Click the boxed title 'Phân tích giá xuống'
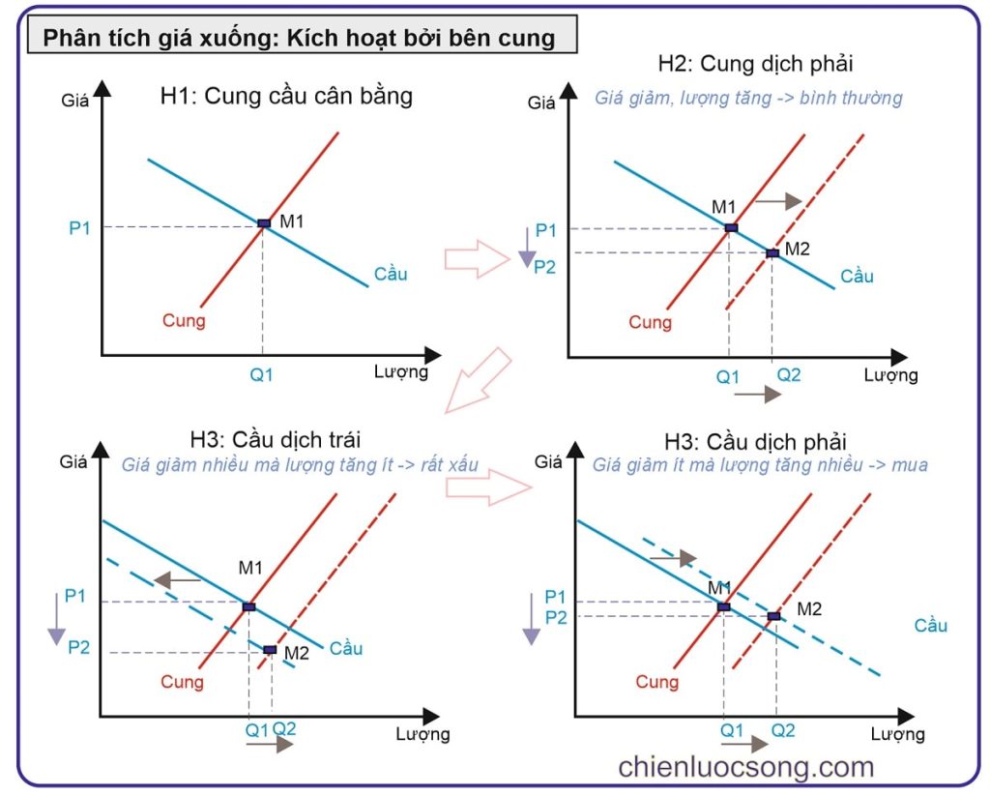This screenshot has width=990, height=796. point(299,38)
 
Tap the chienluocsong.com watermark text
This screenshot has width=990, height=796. point(745,767)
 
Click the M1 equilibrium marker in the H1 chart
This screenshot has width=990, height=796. point(264,223)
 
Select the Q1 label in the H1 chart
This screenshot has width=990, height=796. point(262,375)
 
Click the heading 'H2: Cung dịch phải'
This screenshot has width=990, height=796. point(755,66)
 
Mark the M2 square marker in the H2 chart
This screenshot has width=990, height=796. point(772,253)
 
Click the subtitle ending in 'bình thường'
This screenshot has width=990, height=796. point(748,98)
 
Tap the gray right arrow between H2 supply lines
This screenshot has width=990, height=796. point(778,201)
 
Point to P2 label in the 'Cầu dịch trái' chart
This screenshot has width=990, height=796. point(79,647)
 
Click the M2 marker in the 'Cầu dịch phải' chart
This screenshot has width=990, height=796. point(773,616)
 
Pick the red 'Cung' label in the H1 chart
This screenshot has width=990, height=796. point(184,320)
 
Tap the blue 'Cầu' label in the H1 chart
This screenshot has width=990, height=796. point(391,275)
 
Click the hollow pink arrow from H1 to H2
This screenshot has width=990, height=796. point(476,258)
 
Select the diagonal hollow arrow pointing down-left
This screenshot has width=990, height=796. point(479,380)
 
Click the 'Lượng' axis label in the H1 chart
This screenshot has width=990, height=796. point(400,372)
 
